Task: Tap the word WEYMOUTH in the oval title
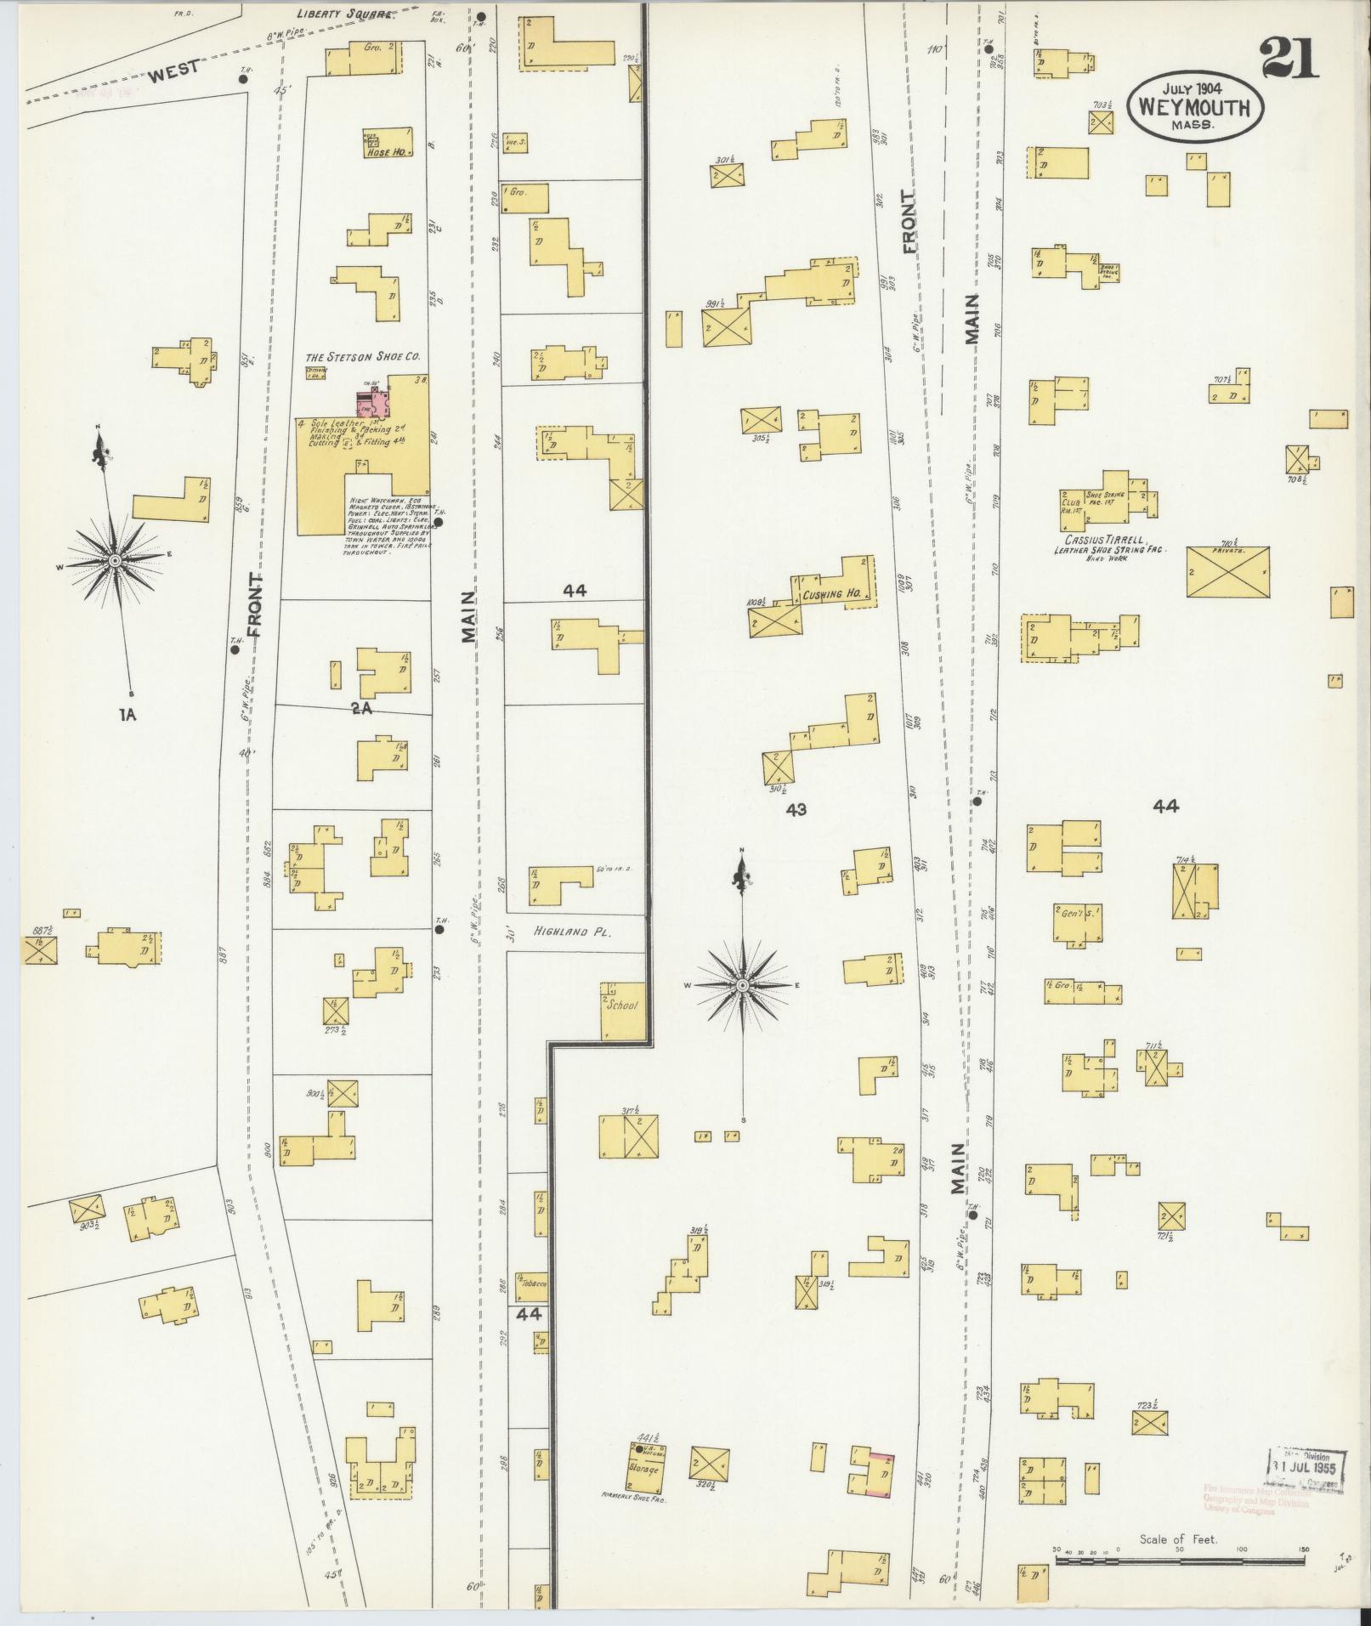coord(1194,108)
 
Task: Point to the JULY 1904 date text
coord(1193,88)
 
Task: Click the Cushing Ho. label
coord(830,595)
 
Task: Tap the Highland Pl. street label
coord(573,932)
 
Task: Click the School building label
coord(621,1005)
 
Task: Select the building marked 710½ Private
coord(1227,571)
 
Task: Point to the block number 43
coord(796,810)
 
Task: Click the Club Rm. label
coord(1070,505)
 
